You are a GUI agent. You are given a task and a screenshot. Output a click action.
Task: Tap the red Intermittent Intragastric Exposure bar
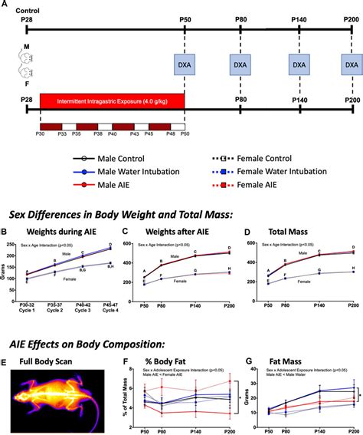112,101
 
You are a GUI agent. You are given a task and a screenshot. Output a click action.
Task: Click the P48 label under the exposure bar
165,134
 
